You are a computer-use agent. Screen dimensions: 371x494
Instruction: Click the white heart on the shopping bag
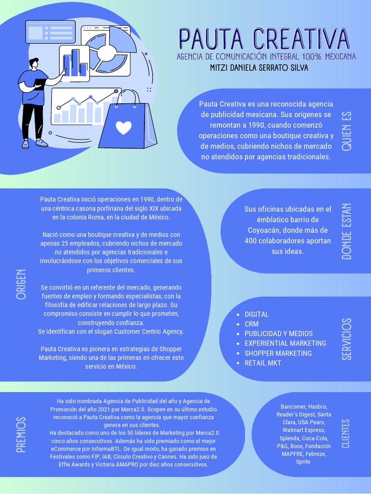click(x=124, y=127)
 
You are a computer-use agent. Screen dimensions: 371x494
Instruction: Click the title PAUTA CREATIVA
click(x=264, y=40)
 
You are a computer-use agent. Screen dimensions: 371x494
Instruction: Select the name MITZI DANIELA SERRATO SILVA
click(x=259, y=68)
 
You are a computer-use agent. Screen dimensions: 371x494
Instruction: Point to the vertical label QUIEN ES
click(x=346, y=131)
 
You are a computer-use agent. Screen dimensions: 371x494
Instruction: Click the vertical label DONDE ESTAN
click(x=346, y=231)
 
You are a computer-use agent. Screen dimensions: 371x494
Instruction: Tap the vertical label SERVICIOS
click(x=346, y=339)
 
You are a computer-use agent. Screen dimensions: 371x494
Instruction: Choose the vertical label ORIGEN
click(x=21, y=284)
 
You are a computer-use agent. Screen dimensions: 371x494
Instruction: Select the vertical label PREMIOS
click(x=21, y=435)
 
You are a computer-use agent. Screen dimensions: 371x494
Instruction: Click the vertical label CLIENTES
click(x=345, y=433)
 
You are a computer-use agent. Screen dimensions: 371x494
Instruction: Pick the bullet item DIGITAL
click(x=257, y=315)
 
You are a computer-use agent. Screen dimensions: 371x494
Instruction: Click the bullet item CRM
click(x=252, y=324)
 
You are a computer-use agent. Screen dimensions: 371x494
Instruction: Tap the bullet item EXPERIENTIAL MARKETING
click(x=285, y=343)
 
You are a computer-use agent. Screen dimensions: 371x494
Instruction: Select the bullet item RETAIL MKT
click(x=263, y=363)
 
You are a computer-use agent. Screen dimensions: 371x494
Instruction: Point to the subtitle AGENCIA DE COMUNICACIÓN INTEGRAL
click(x=266, y=57)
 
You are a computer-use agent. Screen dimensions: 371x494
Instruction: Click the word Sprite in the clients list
click(x=303, y=462)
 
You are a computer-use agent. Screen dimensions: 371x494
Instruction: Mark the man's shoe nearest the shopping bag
click(x=42, y=143)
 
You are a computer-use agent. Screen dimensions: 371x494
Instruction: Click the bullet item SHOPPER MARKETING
click(x=278, y=353)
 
